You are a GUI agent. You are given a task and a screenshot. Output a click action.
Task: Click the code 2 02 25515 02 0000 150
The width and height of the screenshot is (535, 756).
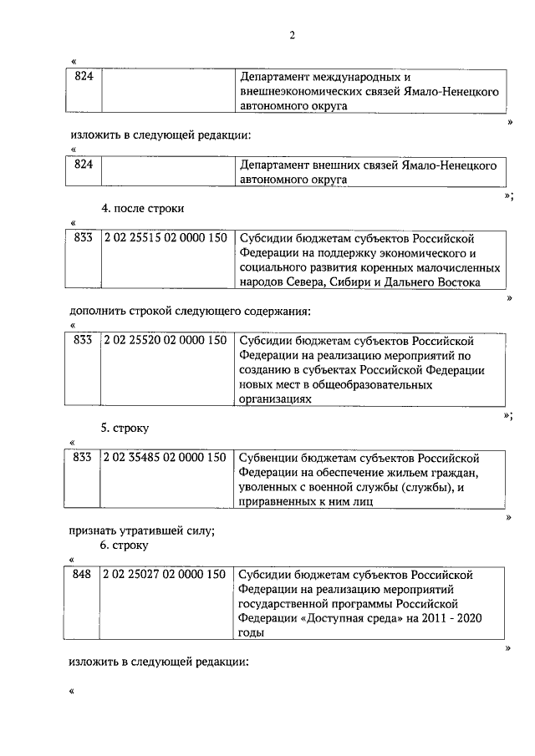(x=166, y=238)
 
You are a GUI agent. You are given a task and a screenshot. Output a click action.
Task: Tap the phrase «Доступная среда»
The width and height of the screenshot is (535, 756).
(x=339, y=618)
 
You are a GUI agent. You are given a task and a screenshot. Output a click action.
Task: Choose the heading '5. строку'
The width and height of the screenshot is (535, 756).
(x=125, y=428)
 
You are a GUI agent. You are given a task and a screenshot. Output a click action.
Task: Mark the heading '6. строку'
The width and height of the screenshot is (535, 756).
(x=125, y=545)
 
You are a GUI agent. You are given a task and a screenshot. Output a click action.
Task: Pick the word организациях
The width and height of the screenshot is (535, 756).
(x=275, y=400)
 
